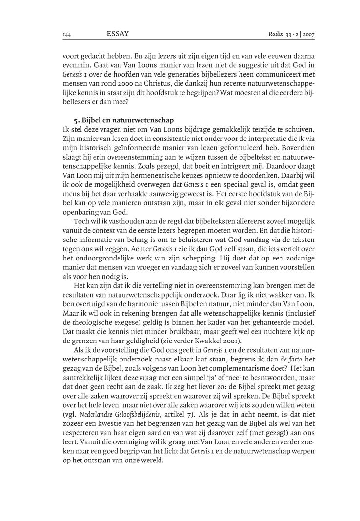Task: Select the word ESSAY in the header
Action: pyautogui.click(x=117, y=34)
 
